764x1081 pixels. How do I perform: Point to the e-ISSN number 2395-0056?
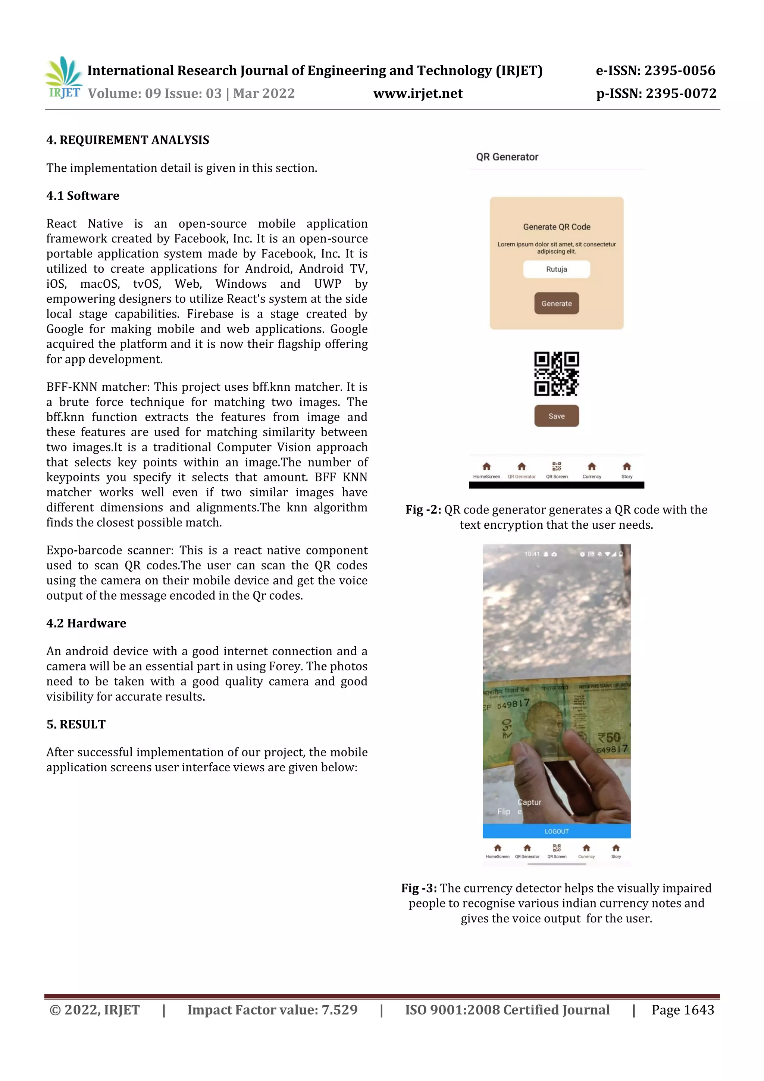[x=679, y=71]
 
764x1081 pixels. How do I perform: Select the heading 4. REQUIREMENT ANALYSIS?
[x=128, y=140]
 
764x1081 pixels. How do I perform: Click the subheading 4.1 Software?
[x=83, y=196]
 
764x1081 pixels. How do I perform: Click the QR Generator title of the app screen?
[x=507, y=157]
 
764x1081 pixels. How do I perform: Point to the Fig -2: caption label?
[x=423, y=510]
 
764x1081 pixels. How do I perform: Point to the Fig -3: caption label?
[x=419, y=888]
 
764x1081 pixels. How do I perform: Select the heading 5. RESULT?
[x=76, y=725]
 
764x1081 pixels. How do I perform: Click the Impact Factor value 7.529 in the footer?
[x=339, y=1010]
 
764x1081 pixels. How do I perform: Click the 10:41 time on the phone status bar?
[x=532, y=554]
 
